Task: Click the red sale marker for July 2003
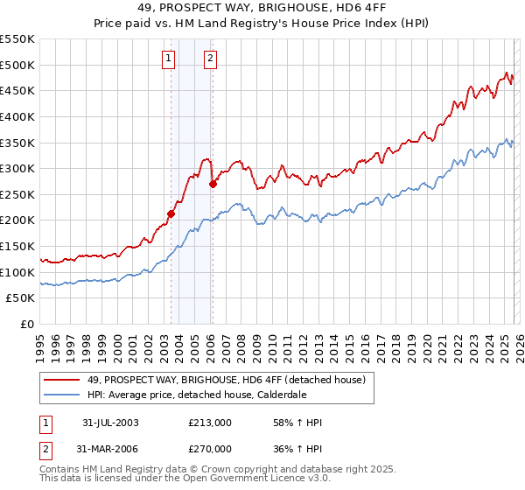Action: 171,213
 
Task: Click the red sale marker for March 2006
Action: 213,184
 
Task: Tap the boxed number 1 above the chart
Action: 168,59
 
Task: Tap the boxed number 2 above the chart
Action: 211,59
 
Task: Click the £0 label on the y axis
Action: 28,325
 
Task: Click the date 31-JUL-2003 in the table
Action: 110,423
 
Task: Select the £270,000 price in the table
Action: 211,448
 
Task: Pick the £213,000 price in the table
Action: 211,423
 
